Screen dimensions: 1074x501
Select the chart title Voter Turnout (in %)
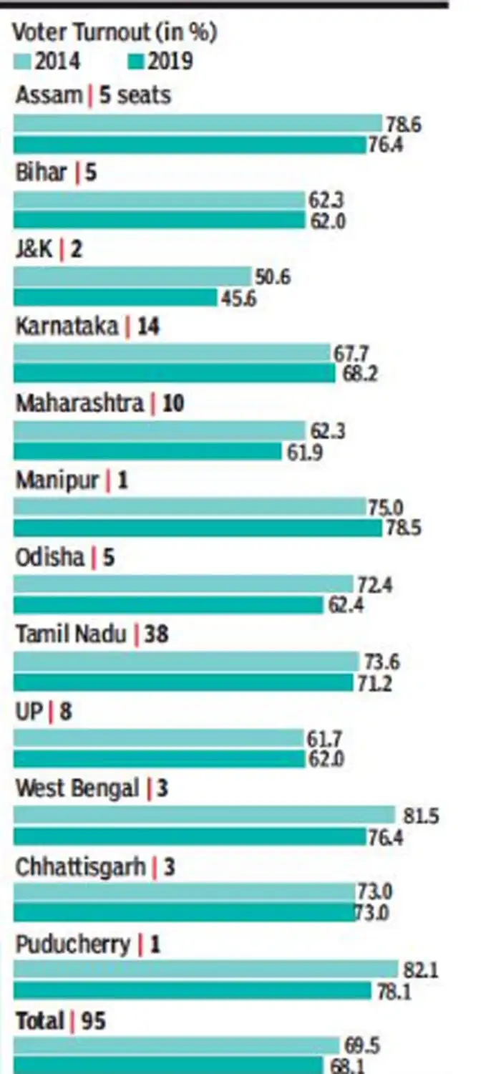pyautogui.click(x=115, y=33)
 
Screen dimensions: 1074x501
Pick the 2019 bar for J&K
pyautogui.click(x=115, y=297)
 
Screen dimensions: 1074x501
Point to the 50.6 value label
pyautogui.click(x=273, y=277)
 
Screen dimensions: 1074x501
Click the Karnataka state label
pyautogui.click(x=67, y=326)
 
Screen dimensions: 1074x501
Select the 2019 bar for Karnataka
pyautogui.click(x=175, y=374)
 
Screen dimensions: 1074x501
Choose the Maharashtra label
pyautogui.click(x=79, y=403)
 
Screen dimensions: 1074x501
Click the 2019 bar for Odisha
pyautogui.click(x=169, y=605)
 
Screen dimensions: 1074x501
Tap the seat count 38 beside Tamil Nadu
pyautogui.click(x=156, y=634)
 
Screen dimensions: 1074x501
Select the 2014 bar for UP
pyautogui.click(x=159, y=737)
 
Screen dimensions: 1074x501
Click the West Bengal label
pyautogui.click(x=77, y=788)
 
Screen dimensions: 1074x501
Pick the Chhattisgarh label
pyautogui.click(x=80, y=866)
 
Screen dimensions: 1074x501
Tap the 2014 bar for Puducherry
pyautogui.click(x=206, y=969)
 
